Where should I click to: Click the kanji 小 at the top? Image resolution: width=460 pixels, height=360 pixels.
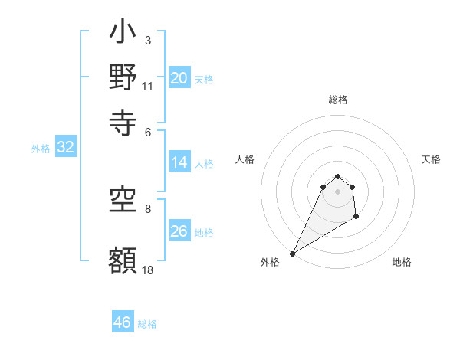click(123, 34)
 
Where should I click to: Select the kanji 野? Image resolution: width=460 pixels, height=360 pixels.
click(123, 78)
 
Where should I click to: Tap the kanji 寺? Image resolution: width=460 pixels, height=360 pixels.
click(123, 119)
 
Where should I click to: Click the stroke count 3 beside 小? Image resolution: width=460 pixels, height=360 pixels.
click(148, 39)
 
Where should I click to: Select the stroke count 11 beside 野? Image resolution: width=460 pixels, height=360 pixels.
click(148, 86)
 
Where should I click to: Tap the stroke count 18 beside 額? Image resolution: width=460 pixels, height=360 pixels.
click(148, 270)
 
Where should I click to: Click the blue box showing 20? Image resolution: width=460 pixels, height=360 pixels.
click(179, 78)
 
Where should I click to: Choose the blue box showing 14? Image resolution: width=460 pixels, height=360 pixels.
click(179, 162)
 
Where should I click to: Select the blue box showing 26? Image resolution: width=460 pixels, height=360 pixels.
click(179, 231)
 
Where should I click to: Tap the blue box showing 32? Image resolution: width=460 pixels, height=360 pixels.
click(65, 148)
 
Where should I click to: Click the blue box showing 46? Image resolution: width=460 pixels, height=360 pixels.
click(123, 322)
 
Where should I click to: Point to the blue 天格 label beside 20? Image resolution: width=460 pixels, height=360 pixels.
click(204, 80)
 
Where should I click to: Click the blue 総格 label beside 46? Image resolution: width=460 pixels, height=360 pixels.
click(147, 324)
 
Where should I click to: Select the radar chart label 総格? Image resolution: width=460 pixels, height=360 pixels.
click(338, 100)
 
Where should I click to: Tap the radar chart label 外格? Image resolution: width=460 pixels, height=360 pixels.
click(270, 262)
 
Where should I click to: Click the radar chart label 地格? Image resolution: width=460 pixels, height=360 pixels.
click(402, 262)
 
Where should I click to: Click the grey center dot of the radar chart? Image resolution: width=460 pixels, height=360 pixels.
click(337, 191)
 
